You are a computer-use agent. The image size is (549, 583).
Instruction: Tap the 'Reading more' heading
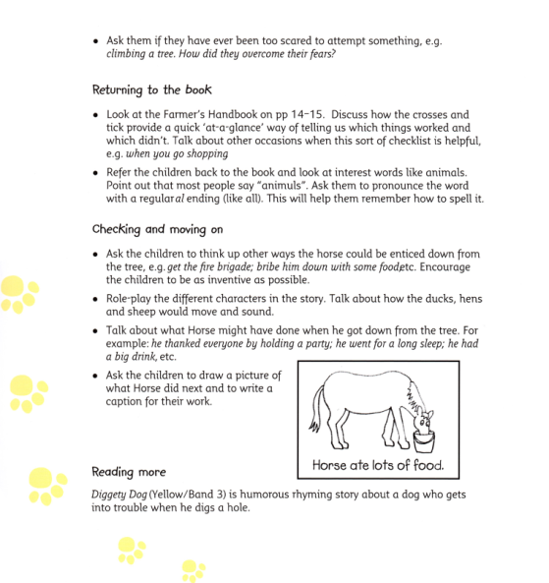129,472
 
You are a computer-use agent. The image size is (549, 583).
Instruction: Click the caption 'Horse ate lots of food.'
378,464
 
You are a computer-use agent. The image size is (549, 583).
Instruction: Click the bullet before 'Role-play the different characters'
96,298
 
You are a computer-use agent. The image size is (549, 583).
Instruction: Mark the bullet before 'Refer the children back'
96,171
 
